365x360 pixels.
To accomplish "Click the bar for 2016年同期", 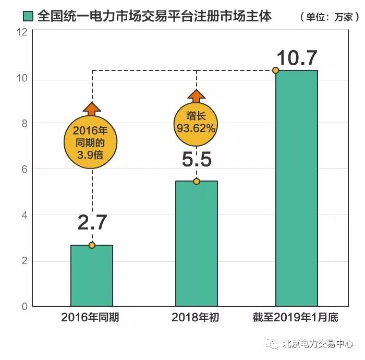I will coord(92,275).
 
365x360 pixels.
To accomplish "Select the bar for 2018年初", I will coord(196,243).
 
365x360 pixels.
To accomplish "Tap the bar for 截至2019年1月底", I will coord(297,188).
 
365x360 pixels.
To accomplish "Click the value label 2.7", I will coord(92,223).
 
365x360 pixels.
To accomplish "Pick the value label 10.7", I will coord(297,57).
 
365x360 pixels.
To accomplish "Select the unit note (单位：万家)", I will coord(329,17).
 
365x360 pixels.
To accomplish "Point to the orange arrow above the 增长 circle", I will coord(197,97).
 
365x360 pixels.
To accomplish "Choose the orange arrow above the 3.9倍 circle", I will coord(92,109).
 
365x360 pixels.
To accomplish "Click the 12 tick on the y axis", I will coord(22,32).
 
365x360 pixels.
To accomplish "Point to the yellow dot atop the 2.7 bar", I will coord(92,245).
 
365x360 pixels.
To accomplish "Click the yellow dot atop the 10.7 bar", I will coord(276,70).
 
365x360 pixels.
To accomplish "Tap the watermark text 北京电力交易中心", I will coord(318,344).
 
